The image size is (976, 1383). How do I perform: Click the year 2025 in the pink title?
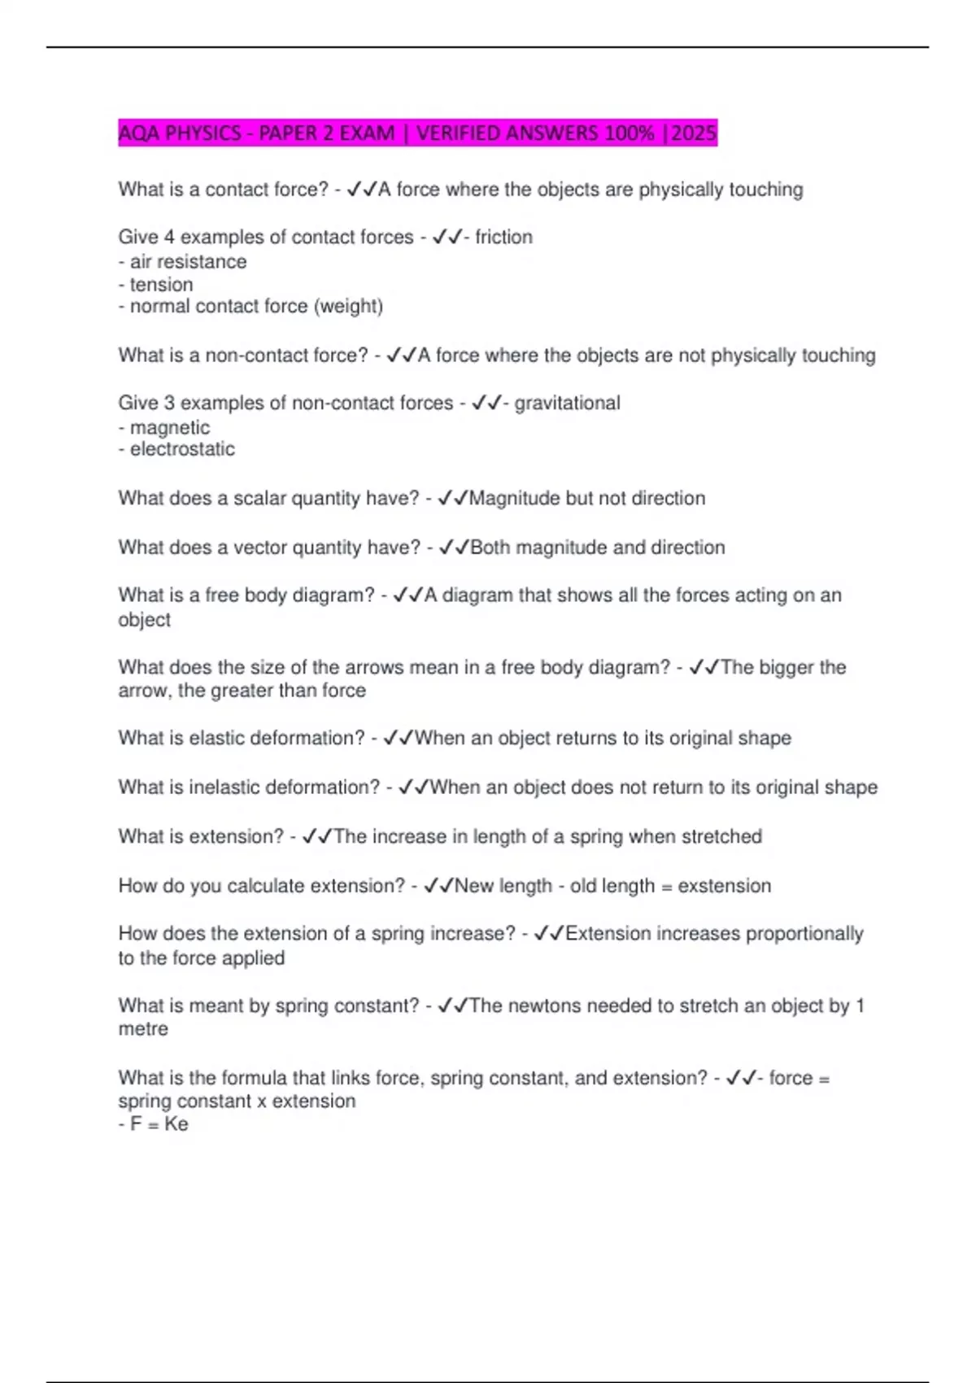[694, 133]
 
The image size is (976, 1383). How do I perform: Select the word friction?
[503, 237]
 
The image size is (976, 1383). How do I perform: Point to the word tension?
[161, 285]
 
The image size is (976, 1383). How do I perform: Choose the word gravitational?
[567, 403]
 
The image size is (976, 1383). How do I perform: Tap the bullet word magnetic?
[169, 427]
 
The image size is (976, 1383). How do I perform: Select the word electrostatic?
[182, 449]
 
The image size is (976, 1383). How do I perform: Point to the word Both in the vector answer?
[490, 547]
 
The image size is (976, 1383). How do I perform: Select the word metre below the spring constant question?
[143, 1028]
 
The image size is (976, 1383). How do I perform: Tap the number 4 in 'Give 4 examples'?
[168, 237]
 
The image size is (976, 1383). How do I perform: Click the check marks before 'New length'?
[438, 885]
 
